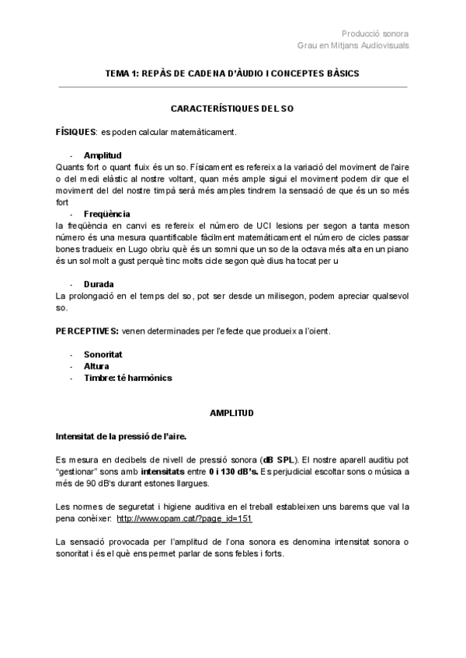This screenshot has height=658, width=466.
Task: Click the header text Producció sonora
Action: pos(375,33)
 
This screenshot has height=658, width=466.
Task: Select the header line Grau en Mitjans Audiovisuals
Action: pos(353,45)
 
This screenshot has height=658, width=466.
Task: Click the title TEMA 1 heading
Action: pos(232,73)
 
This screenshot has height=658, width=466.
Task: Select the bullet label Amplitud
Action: pos(103,155)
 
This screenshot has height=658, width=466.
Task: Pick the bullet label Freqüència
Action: pos(107,213)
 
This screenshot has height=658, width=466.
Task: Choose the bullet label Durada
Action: pos(99,284)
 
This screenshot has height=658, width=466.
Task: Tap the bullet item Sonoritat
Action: pos(103,355)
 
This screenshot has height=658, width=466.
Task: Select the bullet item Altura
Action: pos(96,366)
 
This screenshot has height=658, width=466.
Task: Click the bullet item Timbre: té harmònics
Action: pos(127,378)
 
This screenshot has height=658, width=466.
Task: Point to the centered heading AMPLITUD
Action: pos(232,413)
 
